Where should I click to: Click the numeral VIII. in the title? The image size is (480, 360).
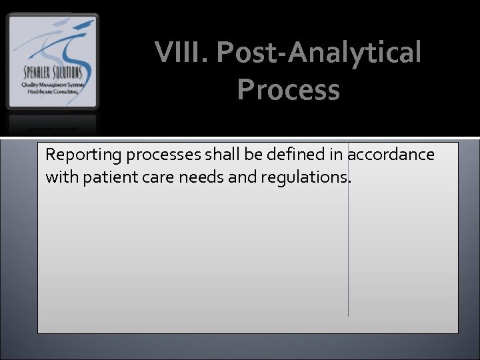[181, 53]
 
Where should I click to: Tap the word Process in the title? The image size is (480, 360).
[288, 89]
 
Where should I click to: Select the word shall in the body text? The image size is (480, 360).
[217, 155]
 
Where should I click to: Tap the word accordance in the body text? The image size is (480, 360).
[391, 155]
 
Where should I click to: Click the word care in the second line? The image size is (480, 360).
[151, 178]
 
